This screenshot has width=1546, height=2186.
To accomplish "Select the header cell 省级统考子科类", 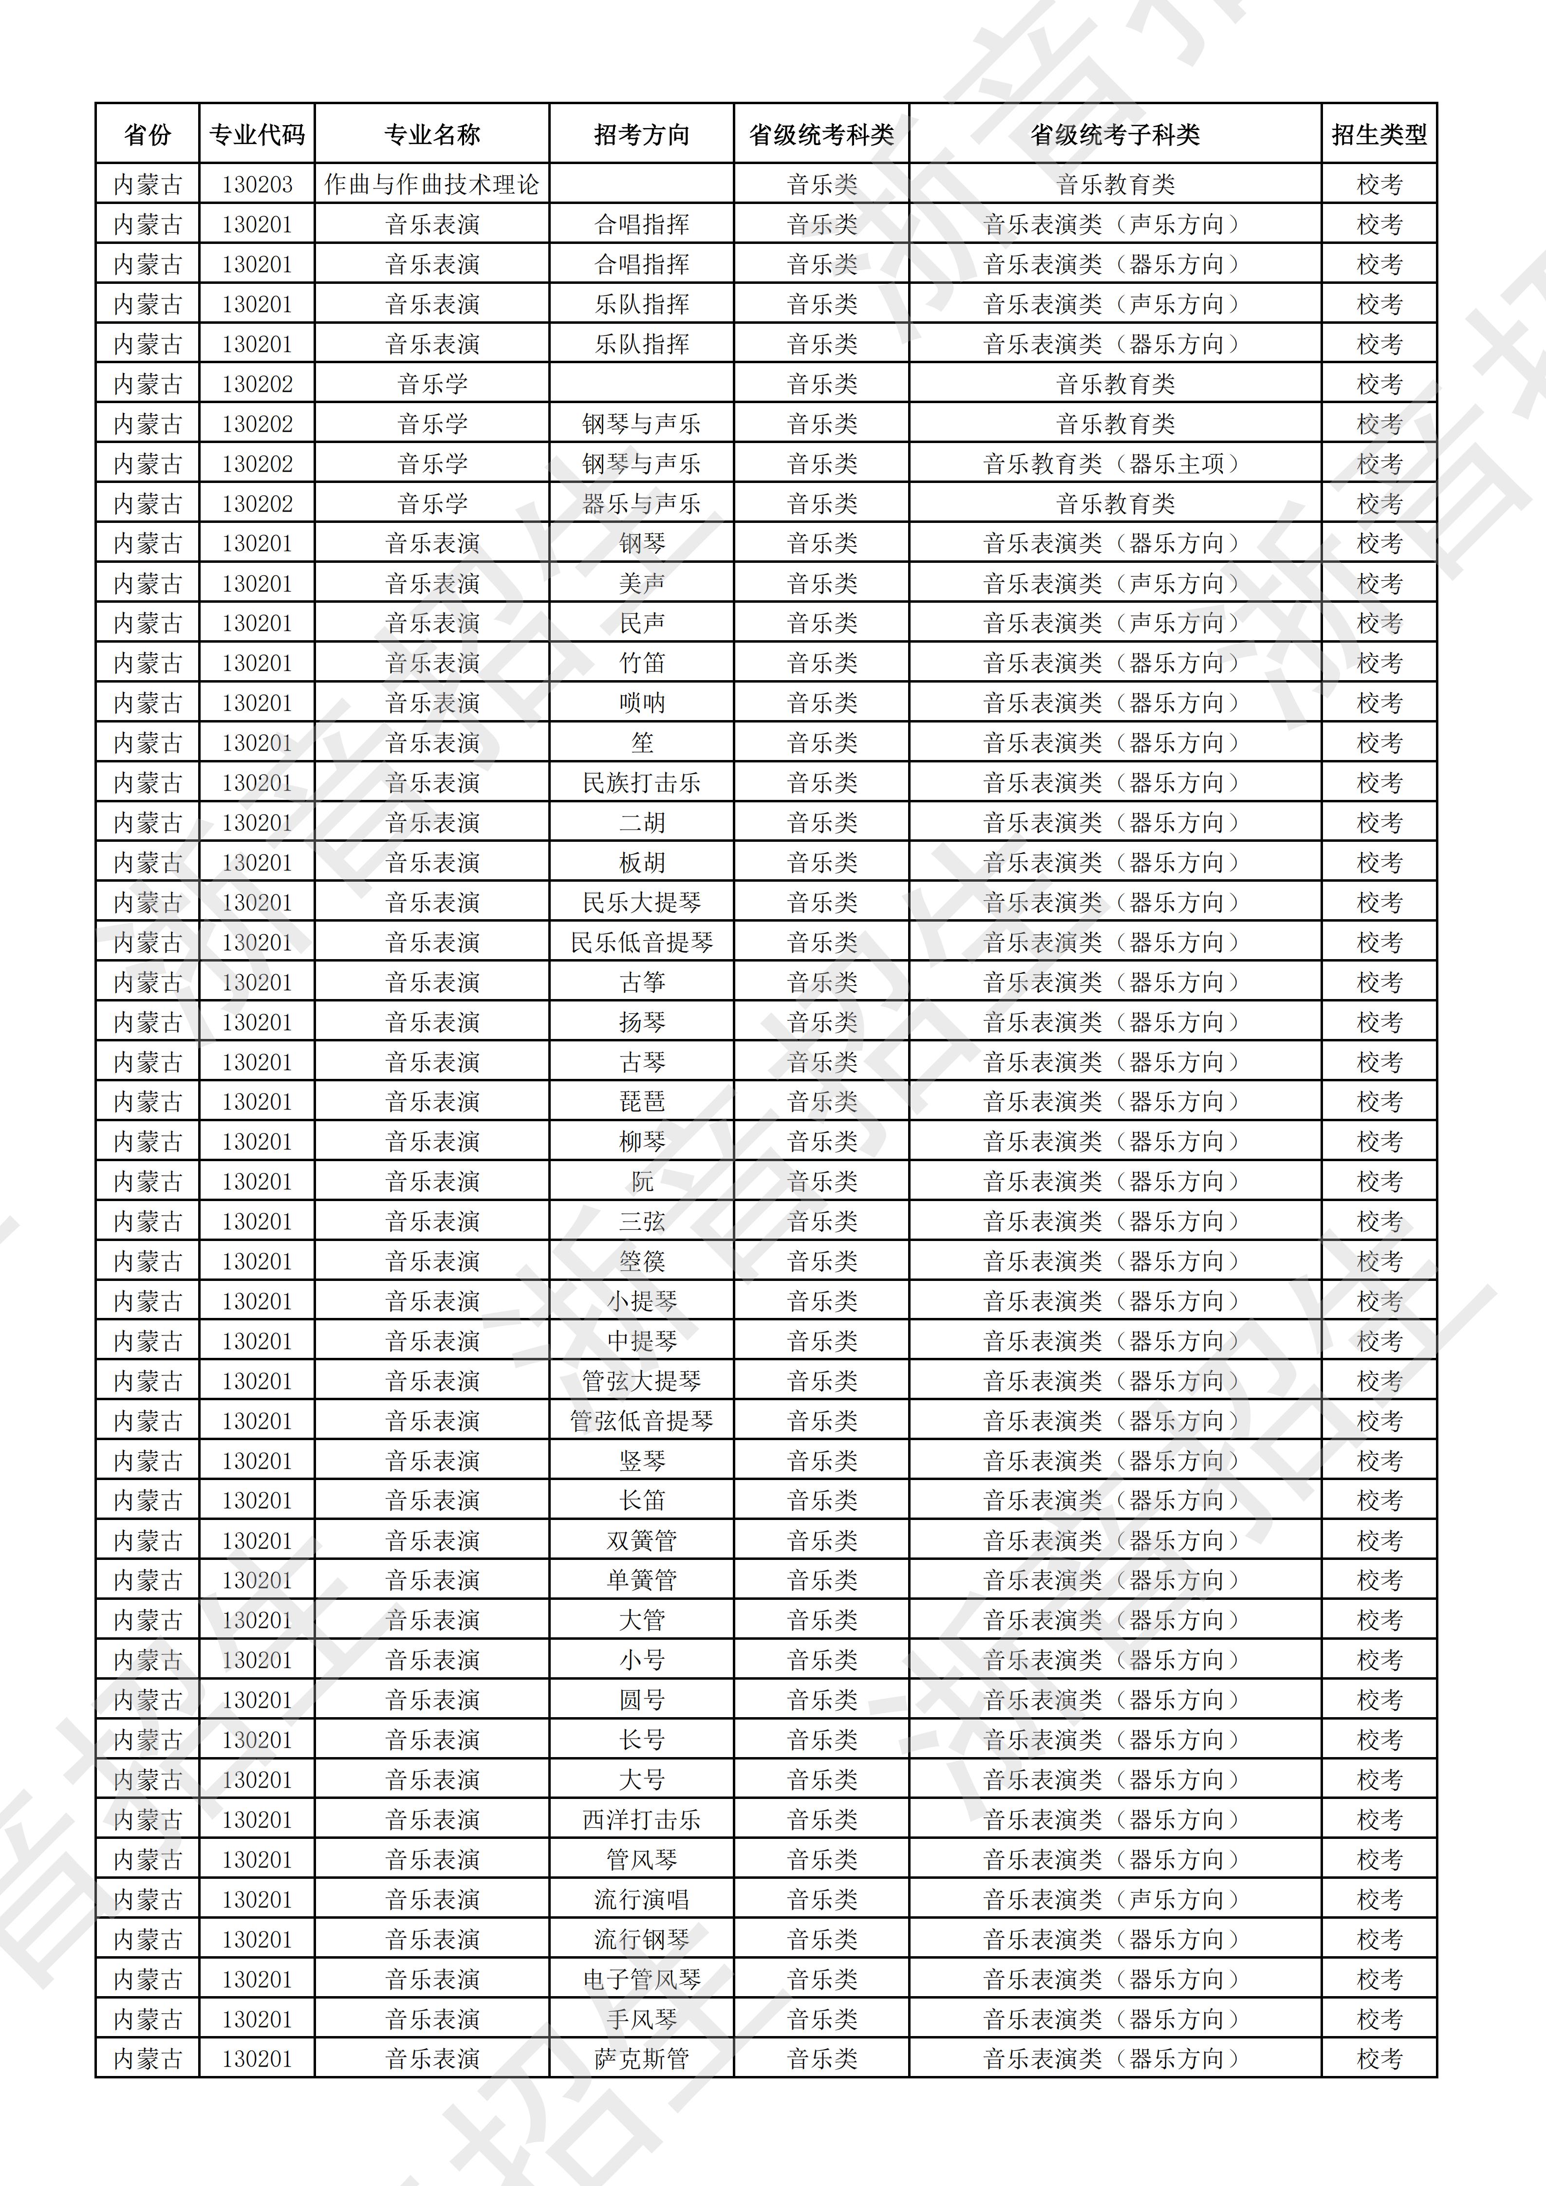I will click(1115, 134).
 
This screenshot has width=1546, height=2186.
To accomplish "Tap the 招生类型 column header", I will click(1378, 134).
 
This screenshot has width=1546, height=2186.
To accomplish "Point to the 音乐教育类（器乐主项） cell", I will click(1115, 463).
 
